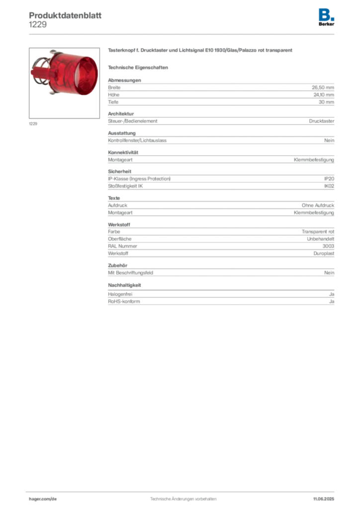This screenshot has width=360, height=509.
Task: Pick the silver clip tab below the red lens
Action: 56,93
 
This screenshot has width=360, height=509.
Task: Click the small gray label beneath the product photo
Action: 34,124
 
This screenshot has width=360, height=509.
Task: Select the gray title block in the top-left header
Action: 65,15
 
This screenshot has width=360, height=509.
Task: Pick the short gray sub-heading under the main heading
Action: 139,67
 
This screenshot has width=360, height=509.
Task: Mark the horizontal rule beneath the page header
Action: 182,34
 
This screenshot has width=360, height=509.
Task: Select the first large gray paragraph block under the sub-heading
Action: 221,91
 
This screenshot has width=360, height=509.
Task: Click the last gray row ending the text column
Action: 221,300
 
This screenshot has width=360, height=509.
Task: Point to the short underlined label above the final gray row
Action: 125,286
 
